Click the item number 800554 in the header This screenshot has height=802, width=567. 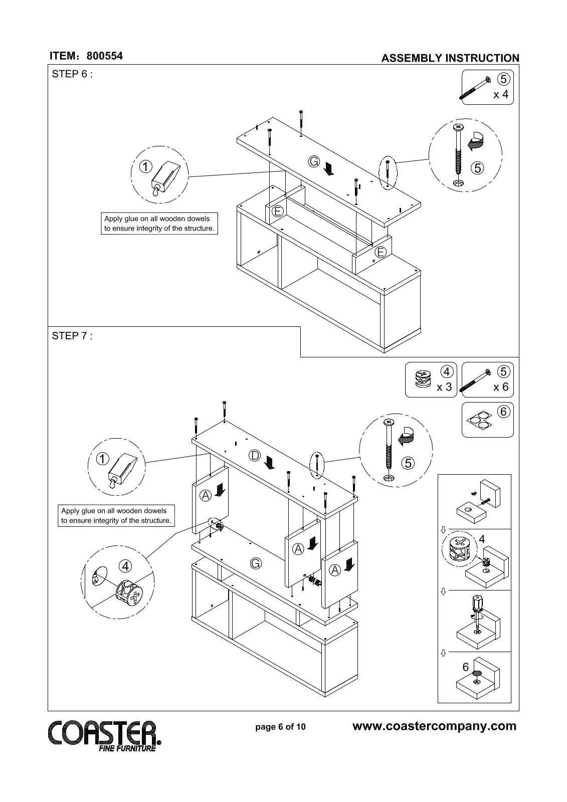click(105, 56)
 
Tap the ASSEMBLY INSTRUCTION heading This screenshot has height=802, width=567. click(450, 58)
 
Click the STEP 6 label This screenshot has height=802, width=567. click(72, 74)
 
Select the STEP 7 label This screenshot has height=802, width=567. click(72, 336)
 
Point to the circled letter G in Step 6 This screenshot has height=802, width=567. click(314, 161)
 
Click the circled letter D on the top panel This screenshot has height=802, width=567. click(255, 456)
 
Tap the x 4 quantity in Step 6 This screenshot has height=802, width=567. click(501, 95)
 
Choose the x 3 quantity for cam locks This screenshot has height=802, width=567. click(444, 387)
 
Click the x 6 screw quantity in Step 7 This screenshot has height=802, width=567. click(501, 387)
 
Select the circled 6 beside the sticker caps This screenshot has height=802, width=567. click(504, 412)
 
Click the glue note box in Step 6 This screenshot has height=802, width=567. click(159, 224)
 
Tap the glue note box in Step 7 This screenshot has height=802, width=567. click(116, 516)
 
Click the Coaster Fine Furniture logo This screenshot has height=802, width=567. click(105, 736)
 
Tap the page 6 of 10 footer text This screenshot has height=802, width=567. click(280, 727)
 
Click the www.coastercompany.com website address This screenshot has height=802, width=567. click(435, 726)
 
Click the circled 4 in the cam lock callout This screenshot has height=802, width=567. click(125, 566)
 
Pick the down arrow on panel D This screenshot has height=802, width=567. click(269, 463)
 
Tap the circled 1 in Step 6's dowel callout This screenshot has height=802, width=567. click(146, 166)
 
